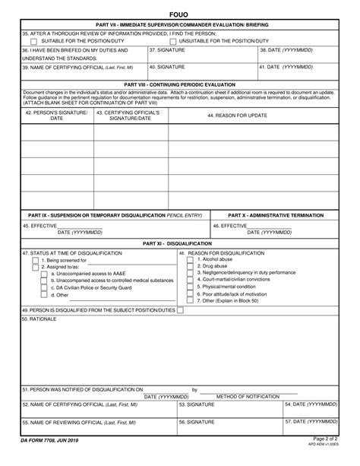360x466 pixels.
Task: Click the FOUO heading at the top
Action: (x=180, y=14)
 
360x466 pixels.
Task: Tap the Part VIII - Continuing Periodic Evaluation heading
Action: (x=180, y=84)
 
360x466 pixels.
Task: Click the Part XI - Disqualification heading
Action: (x=180, y=244)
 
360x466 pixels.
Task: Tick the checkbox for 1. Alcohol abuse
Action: (x=190, y=259)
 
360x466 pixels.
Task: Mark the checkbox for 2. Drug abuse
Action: (x=190, y=266)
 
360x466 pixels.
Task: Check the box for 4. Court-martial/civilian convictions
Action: (x=190, y=280)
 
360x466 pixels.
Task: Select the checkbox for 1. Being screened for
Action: (x=35, y=260)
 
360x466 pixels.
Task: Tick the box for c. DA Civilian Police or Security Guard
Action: (x=35, y=288)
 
